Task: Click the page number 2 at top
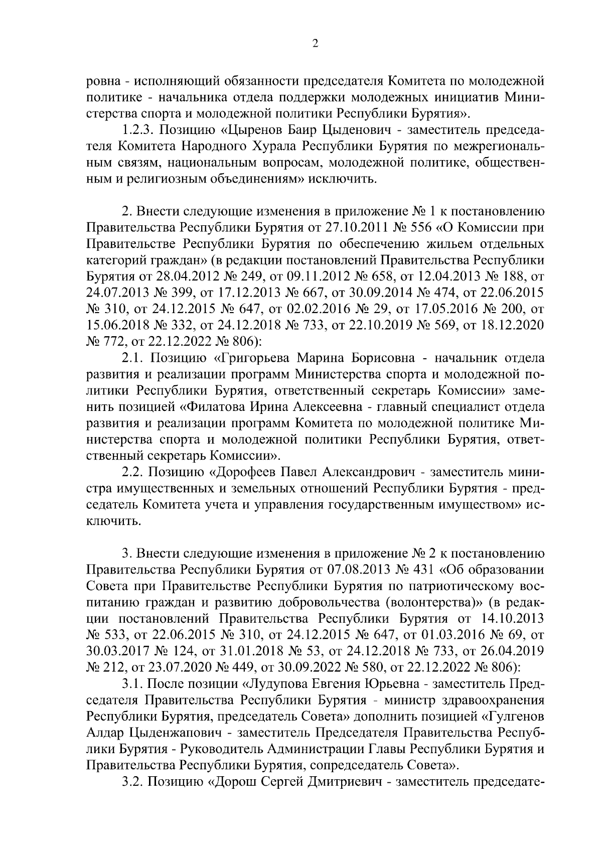click(315, 44)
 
